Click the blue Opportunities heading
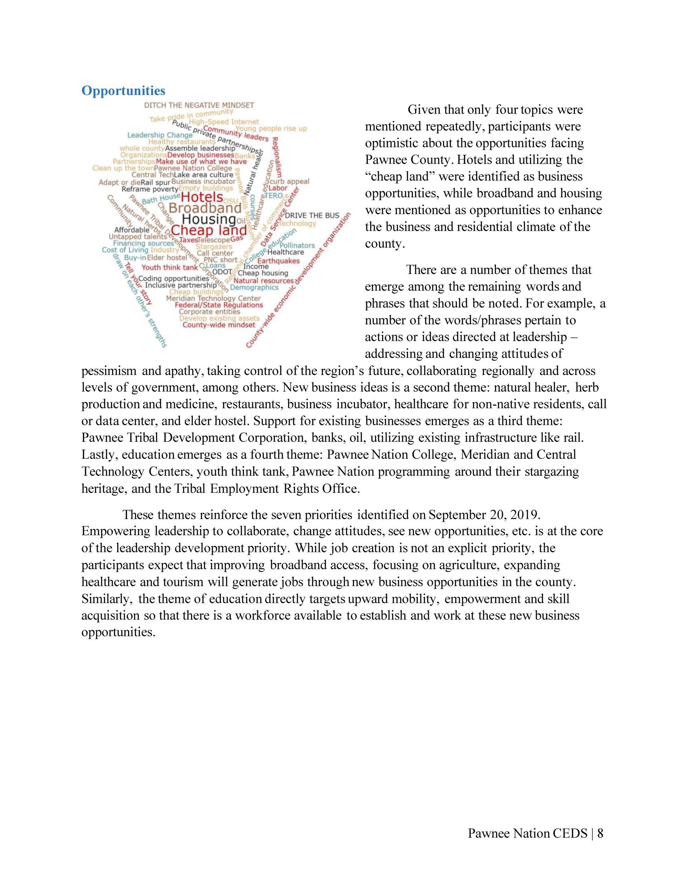[x=123, y=90]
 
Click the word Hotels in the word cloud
[x=202, y=198]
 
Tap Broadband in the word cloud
[x=205, y=208]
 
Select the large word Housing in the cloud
[x=209, y=219]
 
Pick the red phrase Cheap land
[x=209, y=230]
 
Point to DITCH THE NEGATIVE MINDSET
[x=199, y=105]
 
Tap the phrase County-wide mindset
[x=219, y=325]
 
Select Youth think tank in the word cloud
[x=169, y=267]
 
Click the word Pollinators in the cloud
[x=297, y=245]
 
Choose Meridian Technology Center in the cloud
[x=213, y=298]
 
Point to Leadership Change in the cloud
[x=160, y=135]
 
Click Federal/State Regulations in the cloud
[x=219, y=305]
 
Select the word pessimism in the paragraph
[x=109, y=371]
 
